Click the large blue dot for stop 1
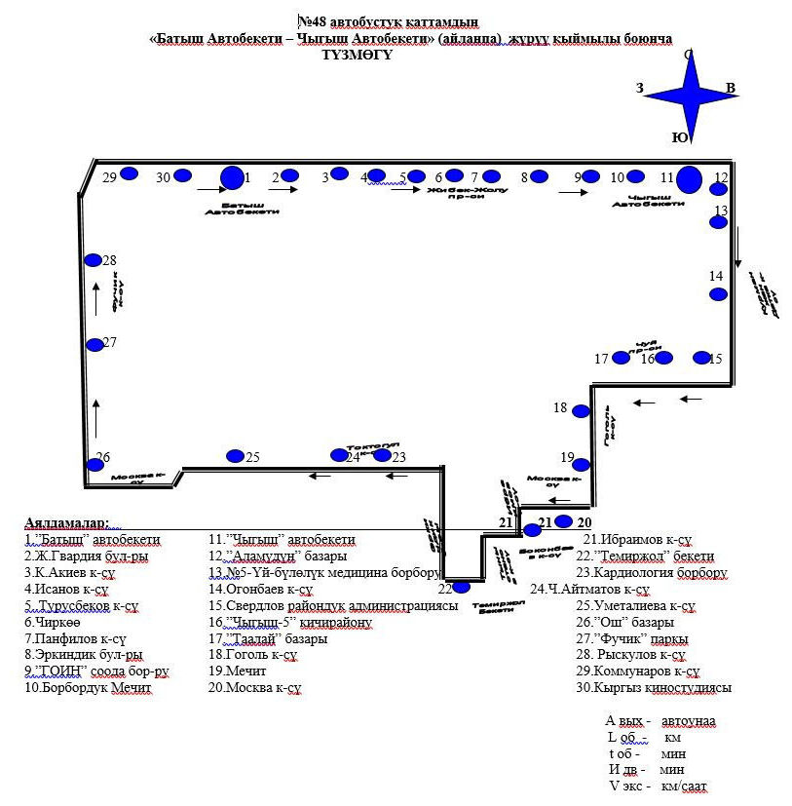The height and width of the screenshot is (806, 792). (x=232, y=177)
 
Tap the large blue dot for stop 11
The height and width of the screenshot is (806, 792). (x=690, y=179)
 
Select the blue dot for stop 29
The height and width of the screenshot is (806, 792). (x=129, y=174)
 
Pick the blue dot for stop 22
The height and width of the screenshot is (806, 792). (x=462, y=587)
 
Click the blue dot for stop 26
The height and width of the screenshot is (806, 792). (x=95, y=465)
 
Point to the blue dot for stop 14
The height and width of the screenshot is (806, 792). (x=718, y=294)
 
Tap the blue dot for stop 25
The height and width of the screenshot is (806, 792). (x=235, y=456)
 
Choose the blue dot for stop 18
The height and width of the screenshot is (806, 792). (x=581, y=411)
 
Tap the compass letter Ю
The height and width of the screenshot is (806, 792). (x=678, y=137)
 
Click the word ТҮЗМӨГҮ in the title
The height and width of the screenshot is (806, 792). (x=357, y=56)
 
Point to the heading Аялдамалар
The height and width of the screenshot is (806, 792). (x=67, y=523)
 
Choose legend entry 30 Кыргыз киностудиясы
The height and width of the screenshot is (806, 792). (x=653, y=688)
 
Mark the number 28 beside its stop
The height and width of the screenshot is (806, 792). (x=110, y=260)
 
